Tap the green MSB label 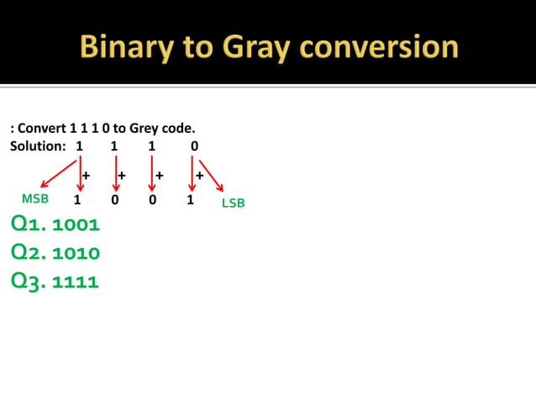pos(34,200)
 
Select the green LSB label pos(233,204)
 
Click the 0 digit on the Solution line pos(194,146)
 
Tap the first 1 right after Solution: pos(80,146)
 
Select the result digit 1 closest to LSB pos(190,200)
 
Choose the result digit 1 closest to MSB pos(77,200)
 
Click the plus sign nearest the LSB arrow pos(199,175)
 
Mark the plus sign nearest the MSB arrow pos(86,175)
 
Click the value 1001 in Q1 pos(76,225)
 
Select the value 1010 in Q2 pos(76,253)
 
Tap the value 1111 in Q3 pos(76,282)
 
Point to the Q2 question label pos(28,253)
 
